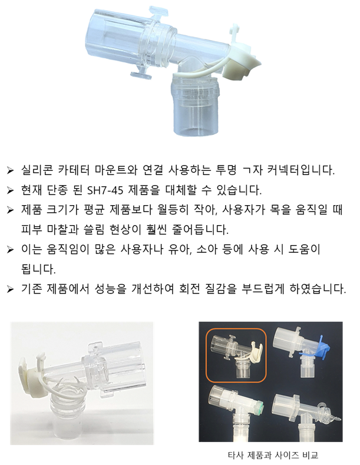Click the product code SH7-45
coord(105,190)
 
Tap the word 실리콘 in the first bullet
coord(37,170)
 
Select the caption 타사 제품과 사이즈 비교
coord(273,454)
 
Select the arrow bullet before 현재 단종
coord(10,190)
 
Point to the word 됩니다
coord(38,269)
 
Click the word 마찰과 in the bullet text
coord(62,229)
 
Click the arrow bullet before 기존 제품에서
coord(10,289)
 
